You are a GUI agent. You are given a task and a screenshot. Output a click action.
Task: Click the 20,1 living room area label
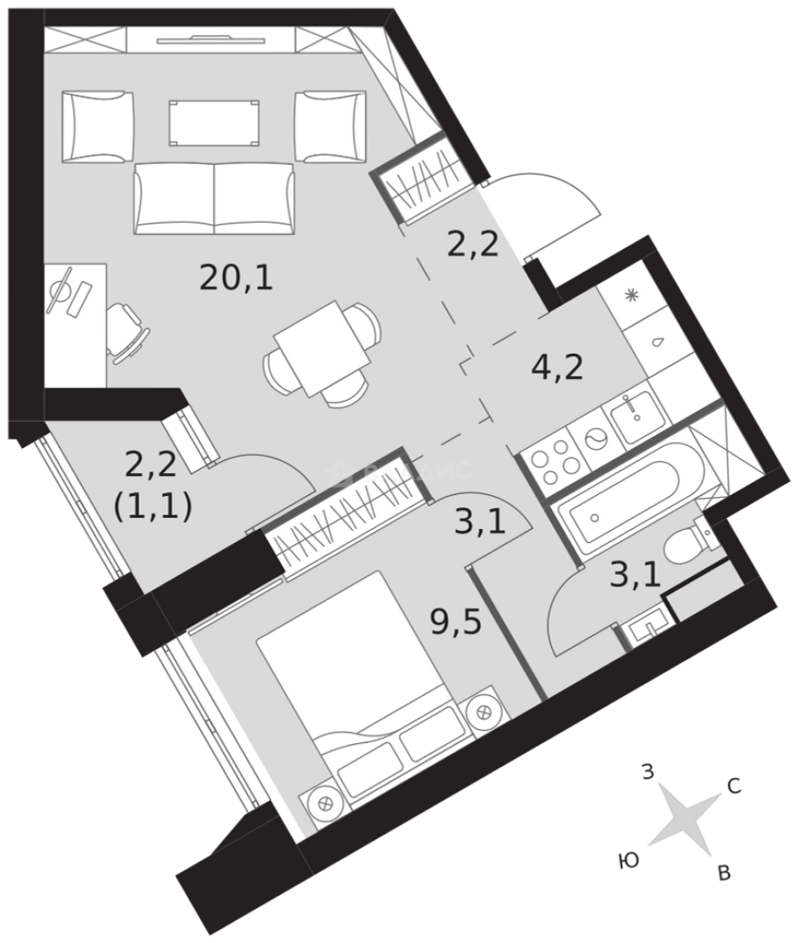tap(237, 279)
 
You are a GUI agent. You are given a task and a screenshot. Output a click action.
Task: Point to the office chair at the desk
tap(127, 330)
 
